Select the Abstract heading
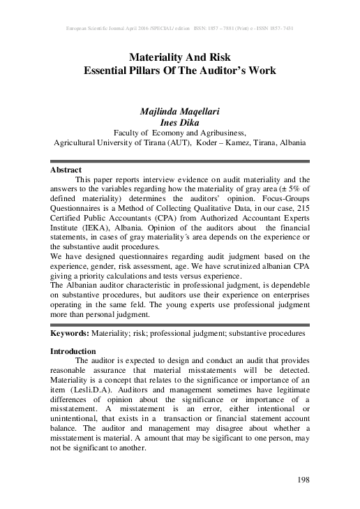66,170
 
